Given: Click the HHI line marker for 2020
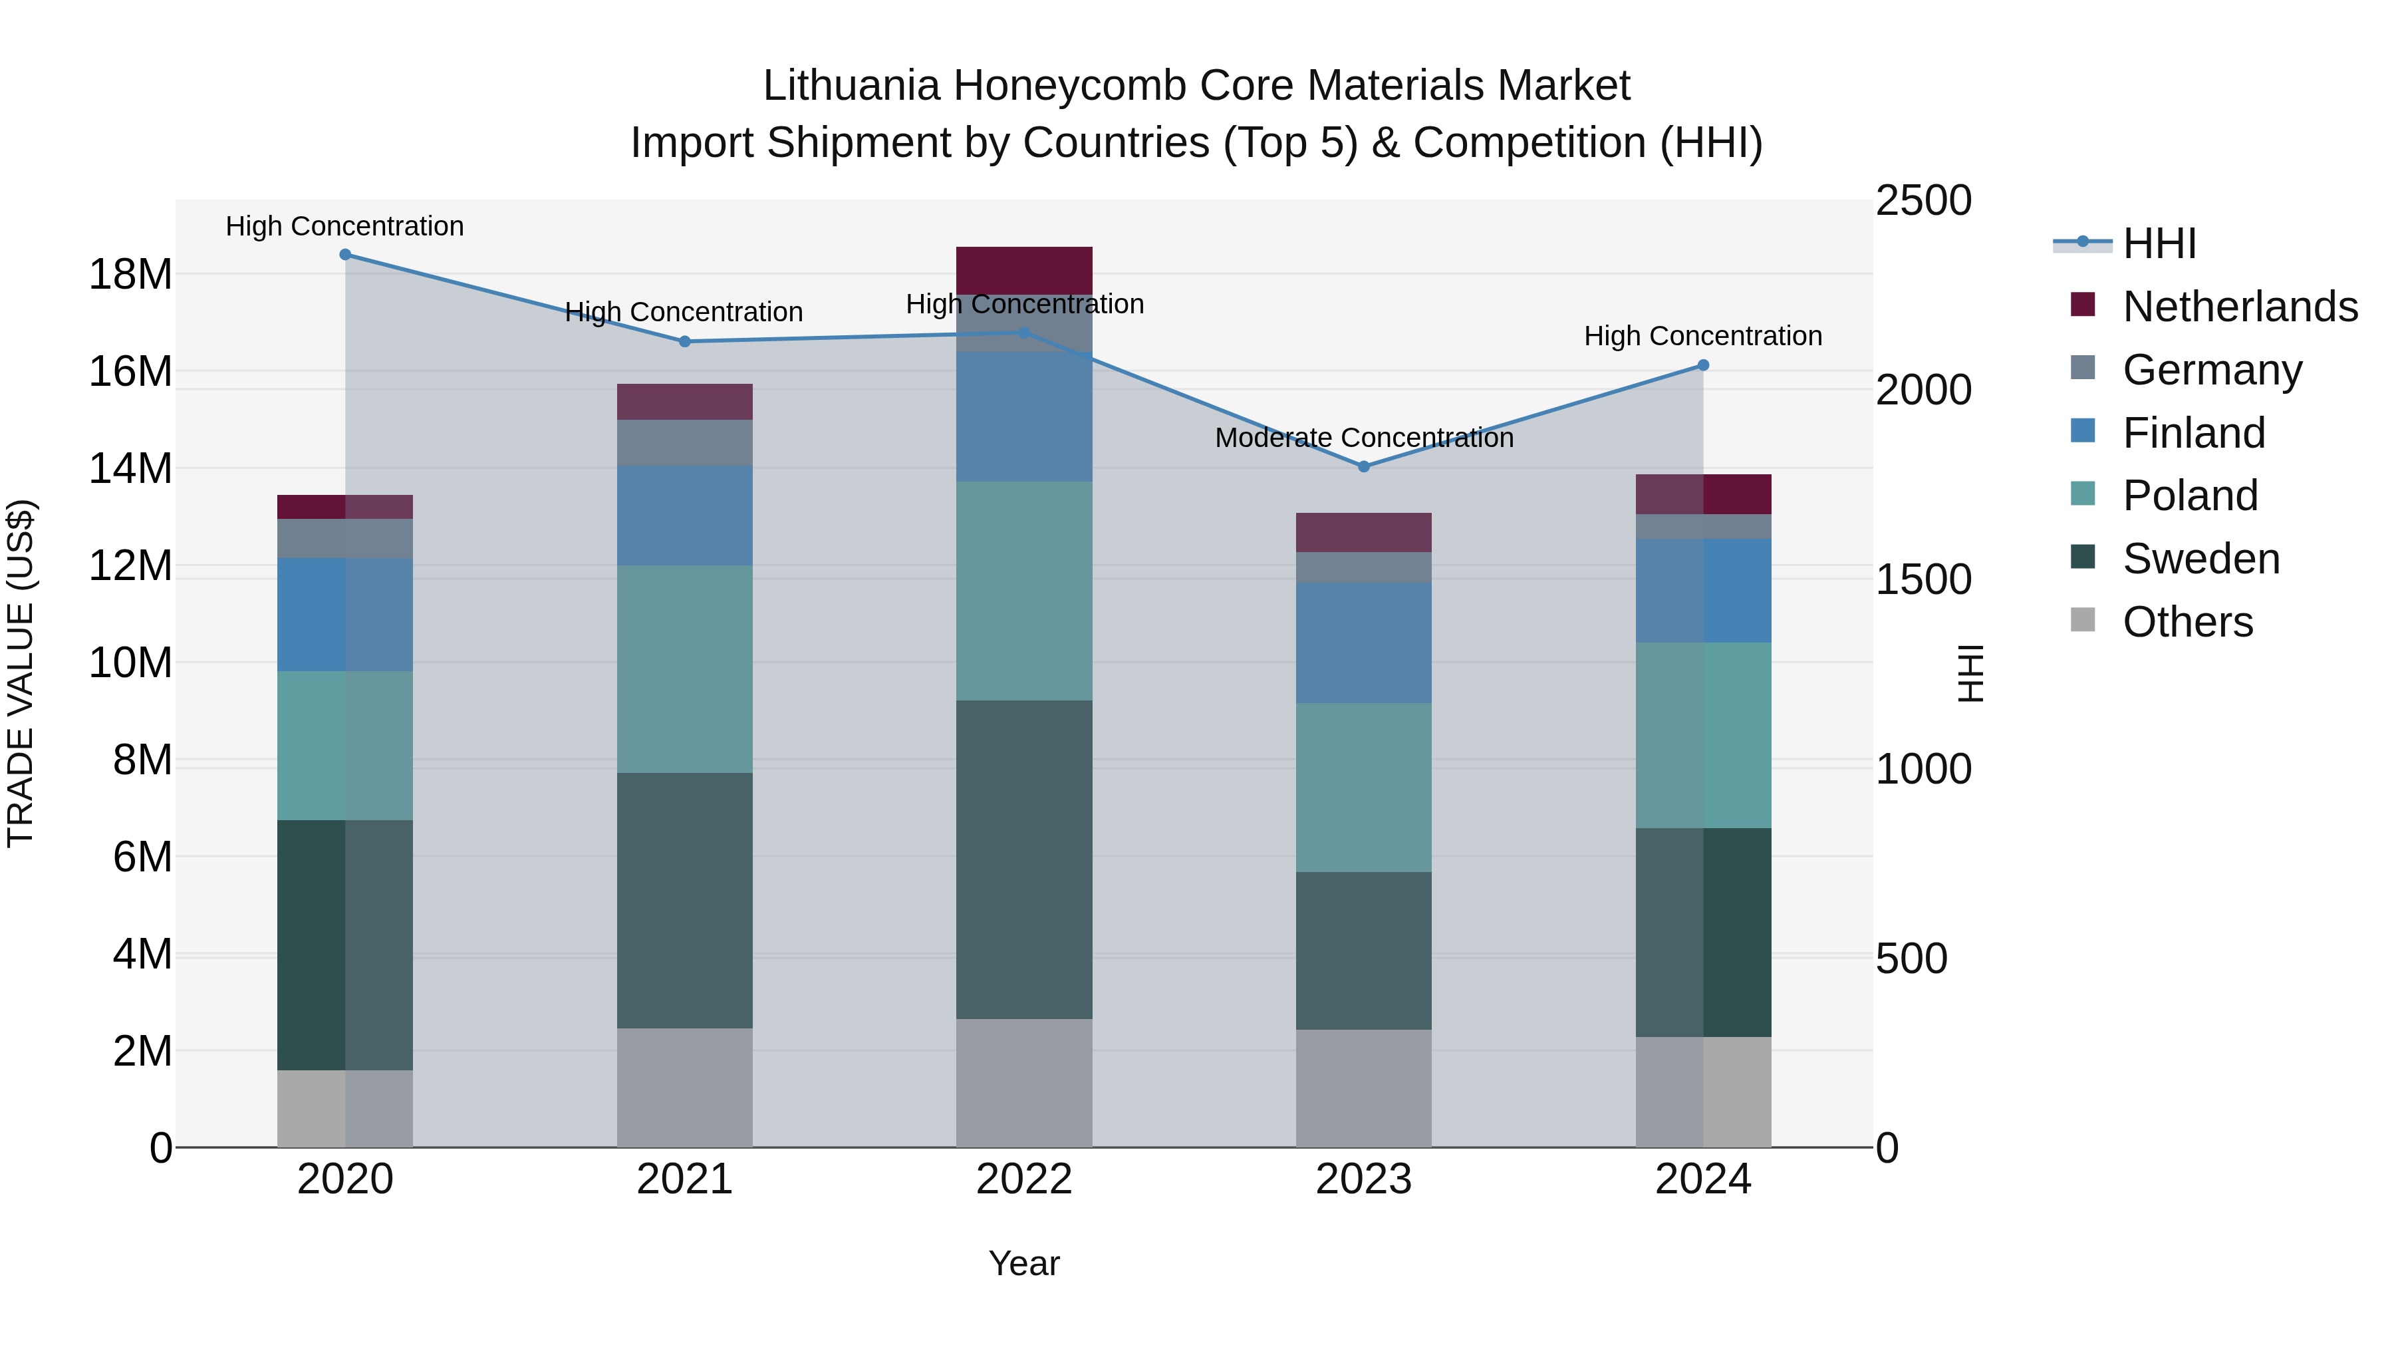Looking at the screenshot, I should pyautogui.click(x=344, y=255).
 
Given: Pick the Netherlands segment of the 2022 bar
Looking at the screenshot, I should pyautogui.click(x=1024, y=271).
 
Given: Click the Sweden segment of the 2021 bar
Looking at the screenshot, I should pyautogui.click(x=685, y=900).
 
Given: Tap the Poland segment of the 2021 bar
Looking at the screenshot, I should pyautogui.click(x=685, y=669).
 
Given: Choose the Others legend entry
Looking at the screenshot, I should pyautogui.click(x=2188, y=622).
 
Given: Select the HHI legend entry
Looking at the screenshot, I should pyautogui.click(x=2159, y=243).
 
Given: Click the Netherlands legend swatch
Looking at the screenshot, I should pyautogui.click(x=2083, y=305).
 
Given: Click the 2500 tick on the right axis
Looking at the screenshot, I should pyautogui.click(x=1923, y=201).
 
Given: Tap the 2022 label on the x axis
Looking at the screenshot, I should pyautogui.click(x=1024, y=1179).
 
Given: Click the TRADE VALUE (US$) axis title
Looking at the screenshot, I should pyautogui.click(x=21, y=673).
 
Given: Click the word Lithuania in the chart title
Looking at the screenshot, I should pyautogui.click(x=851, y=86).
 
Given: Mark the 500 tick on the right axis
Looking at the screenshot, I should pyautogui.click(x=1911, y=959).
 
